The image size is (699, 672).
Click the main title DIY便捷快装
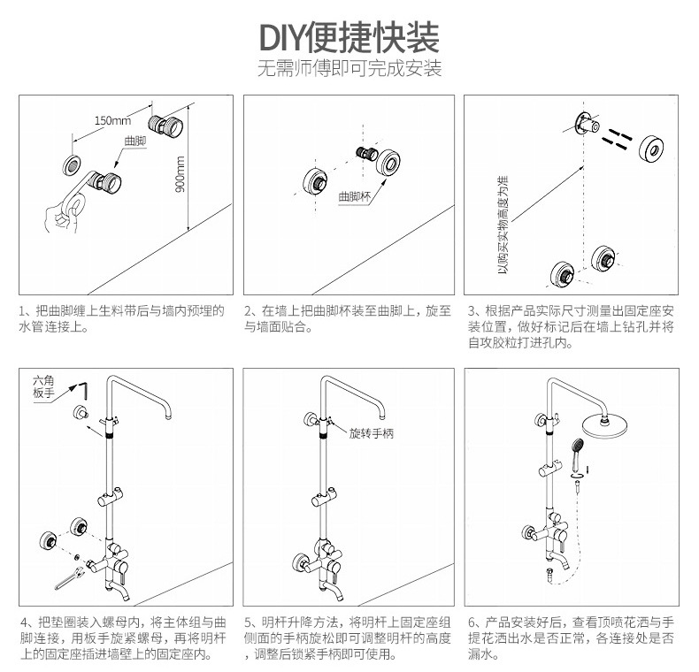click(349, 38)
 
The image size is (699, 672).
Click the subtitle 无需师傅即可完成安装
click(349, 69)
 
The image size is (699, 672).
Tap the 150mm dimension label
click(111, 120)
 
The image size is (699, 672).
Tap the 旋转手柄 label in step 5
click(370, 434)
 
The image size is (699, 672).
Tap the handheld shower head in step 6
click(578, 446)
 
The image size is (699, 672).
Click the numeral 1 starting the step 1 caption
click(24, 311)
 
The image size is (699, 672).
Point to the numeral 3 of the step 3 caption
click(472, 311)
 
